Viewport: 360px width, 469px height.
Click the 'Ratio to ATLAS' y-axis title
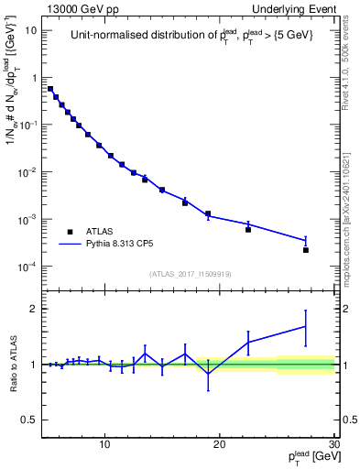(13, 364)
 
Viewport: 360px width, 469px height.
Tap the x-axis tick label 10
(106, 445)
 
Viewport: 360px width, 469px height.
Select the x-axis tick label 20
(220, 445)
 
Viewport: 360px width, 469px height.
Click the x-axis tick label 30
(333, 445)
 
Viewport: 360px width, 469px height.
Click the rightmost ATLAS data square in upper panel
(306, 250)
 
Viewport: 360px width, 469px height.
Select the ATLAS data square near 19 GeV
(208, 213)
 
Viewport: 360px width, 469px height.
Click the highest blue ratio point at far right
(306, 326)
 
